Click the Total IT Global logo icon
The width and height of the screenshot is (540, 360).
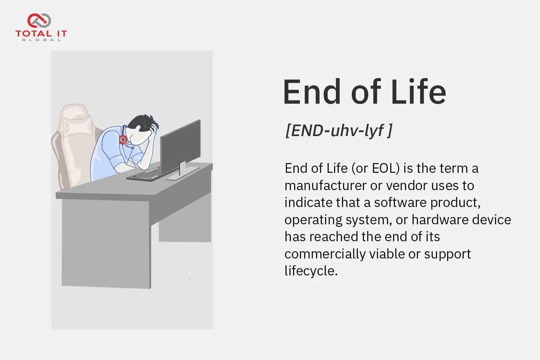(x=39, y=21)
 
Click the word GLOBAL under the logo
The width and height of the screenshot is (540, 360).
(x=41, y=40)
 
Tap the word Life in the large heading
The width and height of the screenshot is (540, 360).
(x=418, y=92)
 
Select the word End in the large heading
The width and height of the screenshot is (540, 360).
(x=312, y=92)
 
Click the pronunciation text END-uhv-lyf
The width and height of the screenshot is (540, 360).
(x=338, y=130)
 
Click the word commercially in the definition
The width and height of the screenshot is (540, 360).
(x=325, y=254)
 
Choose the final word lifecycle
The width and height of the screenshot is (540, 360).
(x=311, y=271)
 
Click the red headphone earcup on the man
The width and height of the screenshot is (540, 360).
(x=123, y=139)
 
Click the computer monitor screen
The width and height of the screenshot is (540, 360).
(x=180, y=145)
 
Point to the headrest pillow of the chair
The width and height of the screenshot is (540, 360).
(x=77, y=126)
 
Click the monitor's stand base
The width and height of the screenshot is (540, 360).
(x=183, y=174)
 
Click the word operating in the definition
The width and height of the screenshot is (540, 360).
(x=314, y=220)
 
